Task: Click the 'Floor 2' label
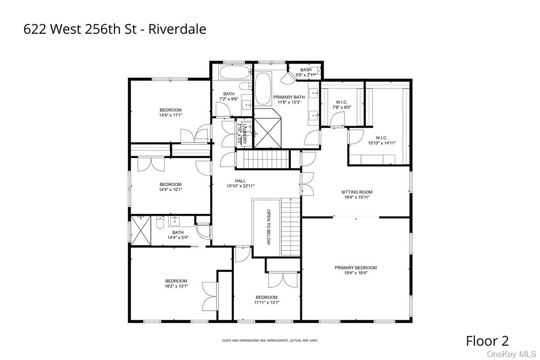(487, 341)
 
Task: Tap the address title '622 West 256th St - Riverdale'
(114, 29)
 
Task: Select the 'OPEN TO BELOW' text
(268, 227)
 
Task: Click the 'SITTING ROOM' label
(357, 192)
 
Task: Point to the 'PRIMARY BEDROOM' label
(356, 268)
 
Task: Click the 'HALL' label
(240, 181)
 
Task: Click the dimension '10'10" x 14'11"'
(381, 143)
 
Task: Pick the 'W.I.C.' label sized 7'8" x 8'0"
(342, 102)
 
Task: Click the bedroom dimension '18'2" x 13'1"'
(176, 286)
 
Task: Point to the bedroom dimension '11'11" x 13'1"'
(267, 302)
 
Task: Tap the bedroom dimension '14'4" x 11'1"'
(170, 115)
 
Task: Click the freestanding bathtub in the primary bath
(263, 89)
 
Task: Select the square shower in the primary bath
(268, 133)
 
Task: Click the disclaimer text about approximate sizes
(270, 341)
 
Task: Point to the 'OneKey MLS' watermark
(512, 354)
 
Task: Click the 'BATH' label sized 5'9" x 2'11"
(306, 70)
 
